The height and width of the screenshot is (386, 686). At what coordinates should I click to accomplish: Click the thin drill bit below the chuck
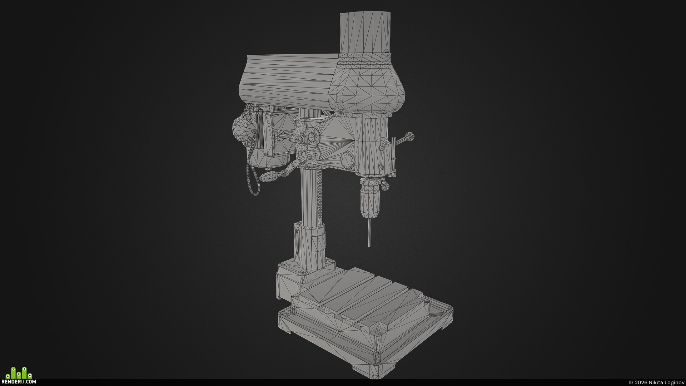[369, 232]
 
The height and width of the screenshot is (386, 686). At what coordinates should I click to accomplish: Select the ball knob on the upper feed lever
[409, 136]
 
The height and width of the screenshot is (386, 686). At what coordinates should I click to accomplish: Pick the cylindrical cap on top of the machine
[365, 32]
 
